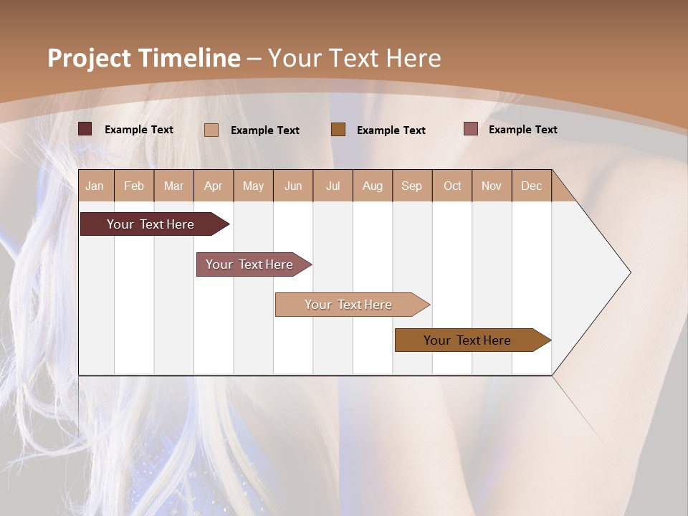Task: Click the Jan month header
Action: [x=95, y=186]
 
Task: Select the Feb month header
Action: [x=134, y=186]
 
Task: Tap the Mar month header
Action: [x=173, y=186]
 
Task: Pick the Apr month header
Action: [x=213, y=186]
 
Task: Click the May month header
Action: [x=253, y=186]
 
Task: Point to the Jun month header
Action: [x=293, y=186]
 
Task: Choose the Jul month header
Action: [x=333, y=186]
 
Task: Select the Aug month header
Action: [x=372, y=186]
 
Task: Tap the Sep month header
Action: [x=411, y=186]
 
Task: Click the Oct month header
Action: [x=452, y=186]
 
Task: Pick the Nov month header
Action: [x=492, y=186]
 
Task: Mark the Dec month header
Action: [x=531, y=186]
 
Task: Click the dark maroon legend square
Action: [x=85, y=129]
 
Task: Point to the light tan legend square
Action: [x=211, y=130]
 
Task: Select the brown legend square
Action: [x=338, y=129]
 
